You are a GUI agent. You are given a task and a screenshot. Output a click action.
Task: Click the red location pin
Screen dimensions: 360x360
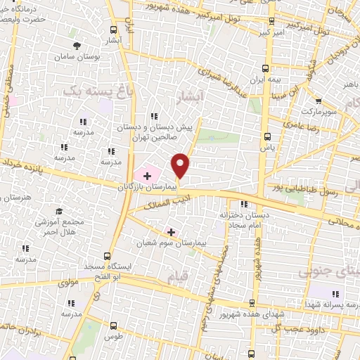[181, 165]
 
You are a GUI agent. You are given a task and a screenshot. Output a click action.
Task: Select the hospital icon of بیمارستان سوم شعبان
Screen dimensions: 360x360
[171, 231]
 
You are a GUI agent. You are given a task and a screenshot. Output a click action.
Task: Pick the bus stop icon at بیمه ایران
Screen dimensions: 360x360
[266, 68]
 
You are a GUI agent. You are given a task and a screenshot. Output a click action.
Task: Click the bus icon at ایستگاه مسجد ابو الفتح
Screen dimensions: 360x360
[107, 256]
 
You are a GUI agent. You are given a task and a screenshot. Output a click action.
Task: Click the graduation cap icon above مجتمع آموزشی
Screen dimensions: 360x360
[60, 212]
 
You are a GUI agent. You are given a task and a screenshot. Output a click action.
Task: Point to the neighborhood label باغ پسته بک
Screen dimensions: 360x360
[87, 91]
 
